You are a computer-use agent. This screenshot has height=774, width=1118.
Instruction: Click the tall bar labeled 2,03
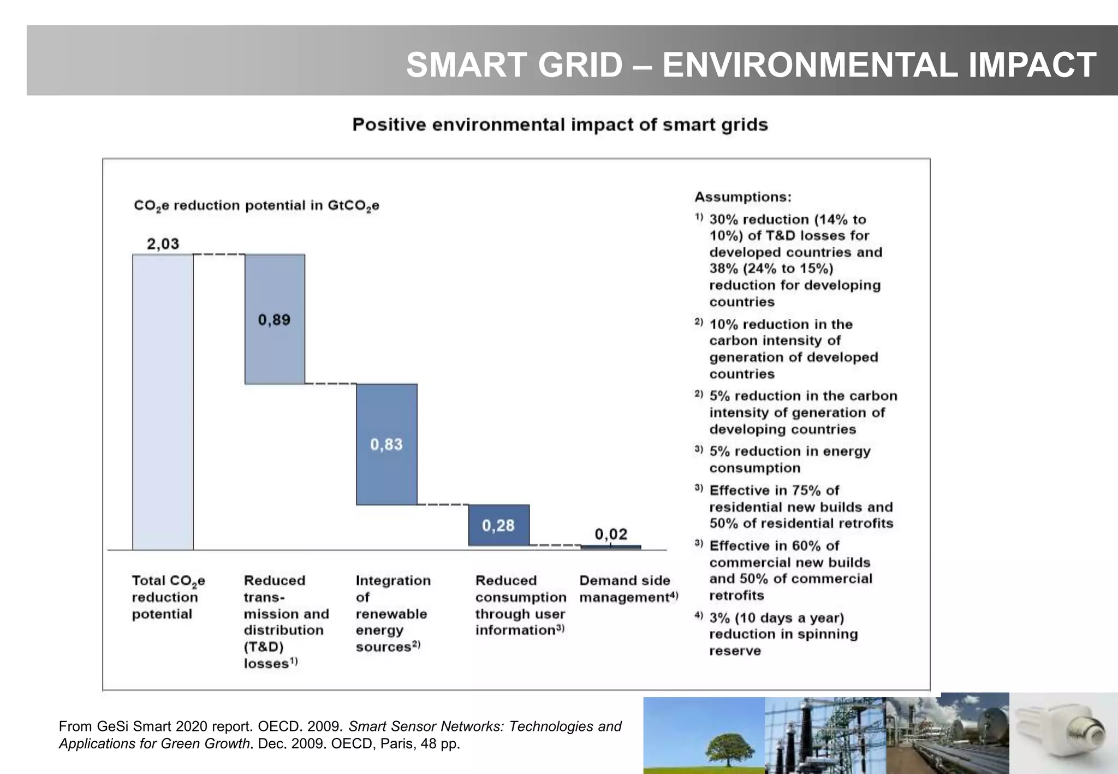163,402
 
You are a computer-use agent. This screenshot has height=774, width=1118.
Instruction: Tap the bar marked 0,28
498,525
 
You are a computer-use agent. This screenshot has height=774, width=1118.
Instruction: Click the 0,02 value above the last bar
611,534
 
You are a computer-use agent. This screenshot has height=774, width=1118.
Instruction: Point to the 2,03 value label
163,243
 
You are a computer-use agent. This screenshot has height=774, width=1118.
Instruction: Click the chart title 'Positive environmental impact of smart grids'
560,125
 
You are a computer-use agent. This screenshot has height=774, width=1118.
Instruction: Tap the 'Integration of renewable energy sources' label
392,613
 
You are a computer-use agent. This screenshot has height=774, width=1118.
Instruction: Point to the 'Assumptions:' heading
742,197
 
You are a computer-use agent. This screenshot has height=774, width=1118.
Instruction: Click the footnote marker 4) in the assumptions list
698,616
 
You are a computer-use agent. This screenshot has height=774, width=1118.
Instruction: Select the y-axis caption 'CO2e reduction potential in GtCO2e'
257,206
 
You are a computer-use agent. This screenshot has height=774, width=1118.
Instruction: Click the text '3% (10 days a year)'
776,618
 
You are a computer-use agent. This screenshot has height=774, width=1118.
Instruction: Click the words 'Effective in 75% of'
774,490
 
